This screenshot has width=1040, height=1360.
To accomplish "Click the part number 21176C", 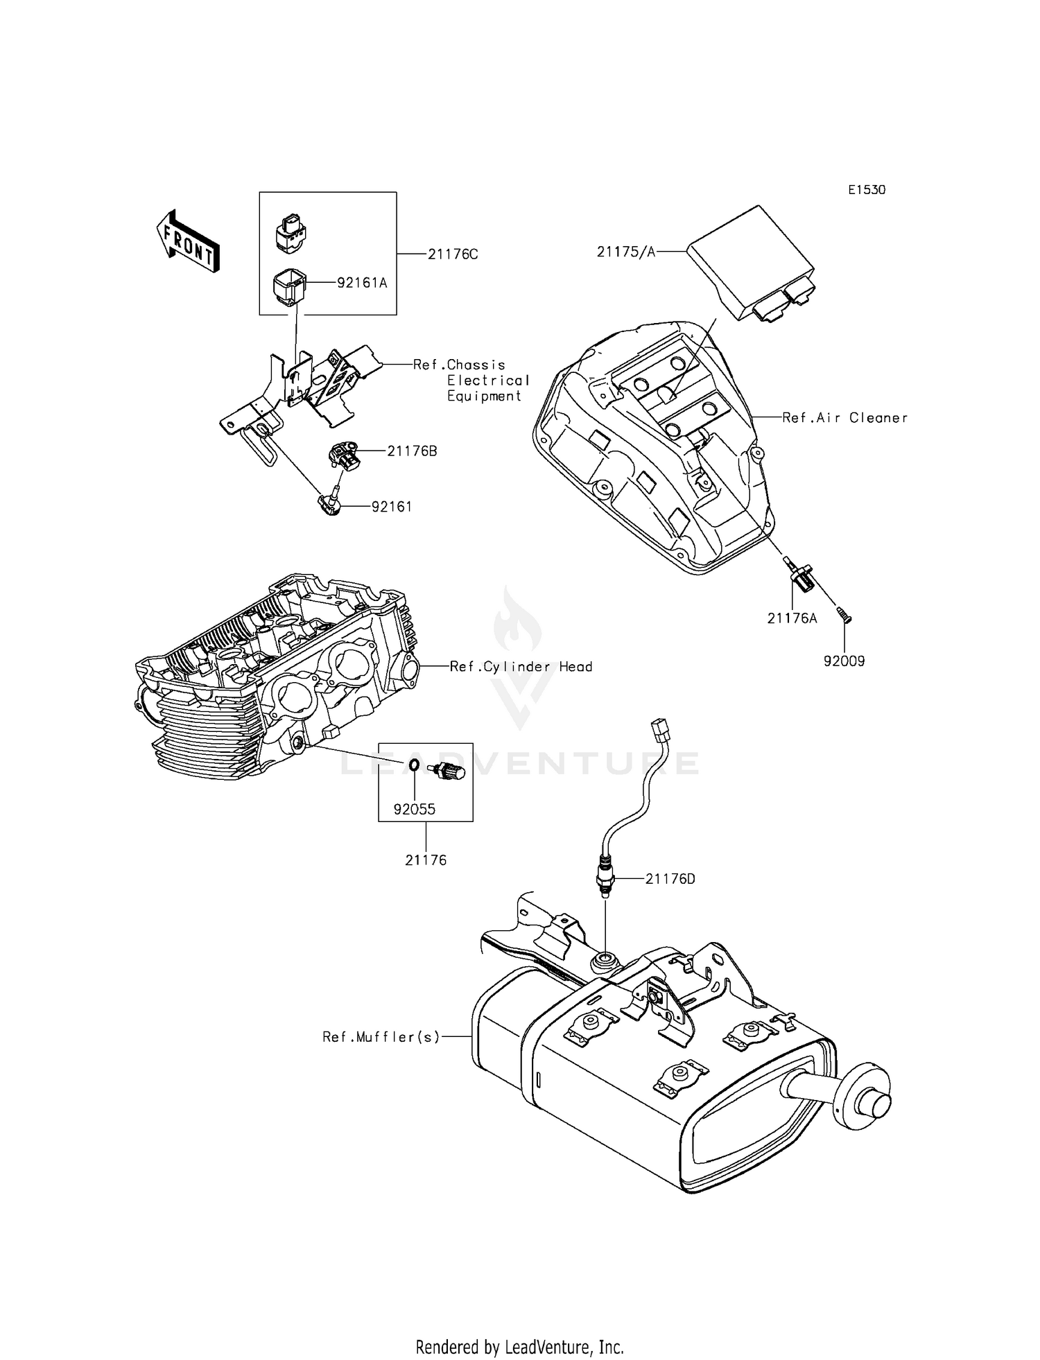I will [x=452, y=254].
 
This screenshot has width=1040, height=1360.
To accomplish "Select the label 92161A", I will [x=362, y=283].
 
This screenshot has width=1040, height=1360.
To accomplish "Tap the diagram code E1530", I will [x=866, y=190].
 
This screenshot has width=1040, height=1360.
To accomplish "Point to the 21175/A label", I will [x=625, y=252].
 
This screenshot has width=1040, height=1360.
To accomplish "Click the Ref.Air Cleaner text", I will [x=844, y=418].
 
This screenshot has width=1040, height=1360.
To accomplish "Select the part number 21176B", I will [x=412, y=451].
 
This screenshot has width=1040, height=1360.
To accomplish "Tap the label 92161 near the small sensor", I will [x=392, y=507].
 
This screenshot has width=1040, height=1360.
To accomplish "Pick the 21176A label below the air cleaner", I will [x=792, y=618].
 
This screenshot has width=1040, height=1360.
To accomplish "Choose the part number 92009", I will [x=844, y=661].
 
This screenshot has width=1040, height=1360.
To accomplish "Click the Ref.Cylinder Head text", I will [x=521, y=667].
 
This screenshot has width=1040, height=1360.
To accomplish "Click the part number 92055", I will [x=415, y=809].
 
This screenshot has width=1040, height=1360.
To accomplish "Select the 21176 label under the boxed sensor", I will [x=426, y=860].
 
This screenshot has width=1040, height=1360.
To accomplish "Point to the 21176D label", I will [x=670, y=879].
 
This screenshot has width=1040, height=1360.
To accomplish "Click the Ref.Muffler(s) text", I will [x=381, y=1037].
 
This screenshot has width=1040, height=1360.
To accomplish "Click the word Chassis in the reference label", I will [x=476, y=365].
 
